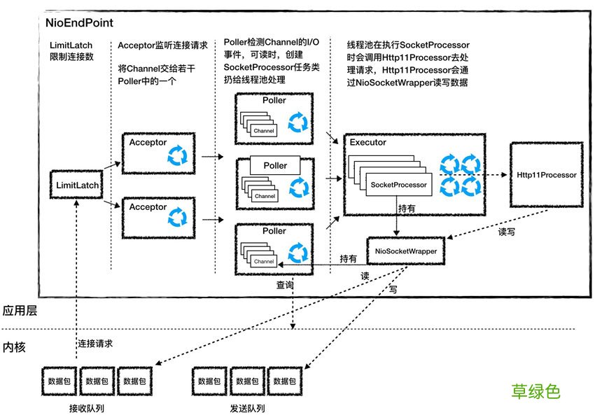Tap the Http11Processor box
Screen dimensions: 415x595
tap(546, 175)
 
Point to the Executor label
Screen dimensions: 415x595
tap(368, 142)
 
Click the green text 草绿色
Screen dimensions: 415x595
tap(535, 391)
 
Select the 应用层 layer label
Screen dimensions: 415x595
tap(20, 311)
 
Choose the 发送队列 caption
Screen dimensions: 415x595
tap(246, 407)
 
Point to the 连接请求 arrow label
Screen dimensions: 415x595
tap(95, 344)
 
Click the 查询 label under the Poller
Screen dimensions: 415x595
tap(285, 285)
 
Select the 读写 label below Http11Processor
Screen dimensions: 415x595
tap(506, 232)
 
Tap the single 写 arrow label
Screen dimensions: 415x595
tap(393, 288)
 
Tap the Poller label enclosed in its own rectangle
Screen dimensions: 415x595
tap(275, 165)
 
